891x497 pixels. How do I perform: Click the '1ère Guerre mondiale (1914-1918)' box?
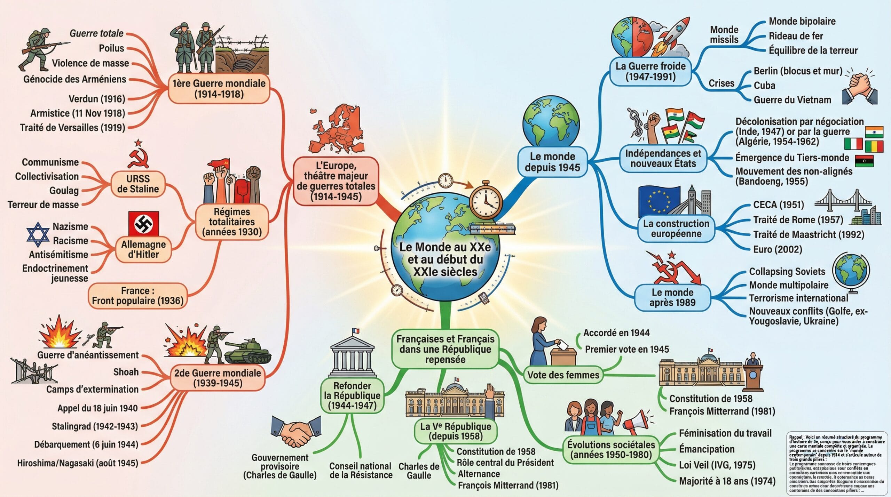[219, 88]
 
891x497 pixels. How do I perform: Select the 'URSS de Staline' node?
[138, 184]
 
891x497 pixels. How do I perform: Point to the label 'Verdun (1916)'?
[97, 99]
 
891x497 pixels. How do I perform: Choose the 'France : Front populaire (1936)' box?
[137, 296]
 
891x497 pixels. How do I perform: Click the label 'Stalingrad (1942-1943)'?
[95, 426]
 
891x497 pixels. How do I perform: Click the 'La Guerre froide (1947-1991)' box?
[650, 71]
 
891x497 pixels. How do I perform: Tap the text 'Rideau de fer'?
[796, 36]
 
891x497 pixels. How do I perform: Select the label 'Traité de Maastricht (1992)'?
[809, 234]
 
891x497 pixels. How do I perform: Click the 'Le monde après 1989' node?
[672, 297]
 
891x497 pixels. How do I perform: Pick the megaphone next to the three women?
[635, 423]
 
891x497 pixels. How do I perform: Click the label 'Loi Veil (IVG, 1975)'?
[717, 465]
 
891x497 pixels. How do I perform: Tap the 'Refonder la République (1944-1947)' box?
[352, 395]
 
